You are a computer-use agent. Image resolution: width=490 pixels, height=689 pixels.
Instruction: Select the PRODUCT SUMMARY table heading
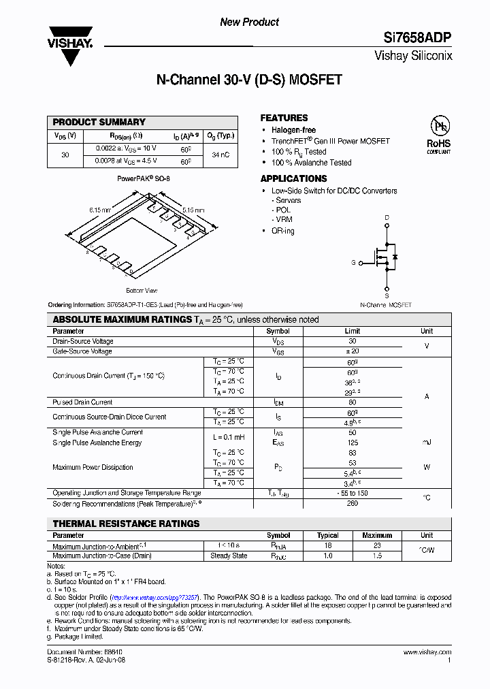[99, 122]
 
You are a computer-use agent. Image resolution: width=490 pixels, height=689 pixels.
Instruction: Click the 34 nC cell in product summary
[220, 155]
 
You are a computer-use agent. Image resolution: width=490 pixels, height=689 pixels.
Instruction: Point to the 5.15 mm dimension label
[193, 210]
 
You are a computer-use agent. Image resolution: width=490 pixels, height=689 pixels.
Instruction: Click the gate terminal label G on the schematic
[353, 262]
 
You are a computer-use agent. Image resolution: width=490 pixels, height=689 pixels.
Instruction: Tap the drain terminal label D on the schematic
[387, 218]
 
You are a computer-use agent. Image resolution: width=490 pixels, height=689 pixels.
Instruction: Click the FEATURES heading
[284, 118]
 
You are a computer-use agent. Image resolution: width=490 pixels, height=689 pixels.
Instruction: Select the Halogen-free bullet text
[293, 130]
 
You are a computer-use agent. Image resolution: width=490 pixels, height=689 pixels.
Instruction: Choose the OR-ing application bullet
[282, 231]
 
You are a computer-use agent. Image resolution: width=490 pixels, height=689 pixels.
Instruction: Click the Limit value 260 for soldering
[352, 504]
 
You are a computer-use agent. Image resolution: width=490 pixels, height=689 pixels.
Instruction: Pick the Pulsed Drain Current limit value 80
[352, 402]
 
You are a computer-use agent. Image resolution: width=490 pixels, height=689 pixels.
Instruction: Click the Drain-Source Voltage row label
[83, 341]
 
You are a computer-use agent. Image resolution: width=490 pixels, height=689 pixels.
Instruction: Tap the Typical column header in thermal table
[328, 535]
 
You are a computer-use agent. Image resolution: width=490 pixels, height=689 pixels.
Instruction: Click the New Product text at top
[249, 22]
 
